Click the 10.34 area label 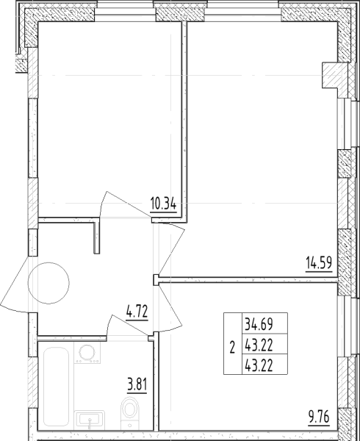pos(163,204)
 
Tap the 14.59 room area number pos(319,263)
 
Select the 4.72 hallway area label pos(137,311)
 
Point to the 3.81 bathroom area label pos(137,384)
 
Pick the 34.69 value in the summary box pos(259,323)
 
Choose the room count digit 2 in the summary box pos(232,347)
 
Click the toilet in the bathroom pos(129,412)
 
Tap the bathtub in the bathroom pos(57,386)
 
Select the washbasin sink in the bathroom pos(90,420)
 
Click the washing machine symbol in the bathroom pos(87,353)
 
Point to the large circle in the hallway pos(48,283)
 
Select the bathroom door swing pos(127,324)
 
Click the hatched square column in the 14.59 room pos(334,74)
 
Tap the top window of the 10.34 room pos(125,11)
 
